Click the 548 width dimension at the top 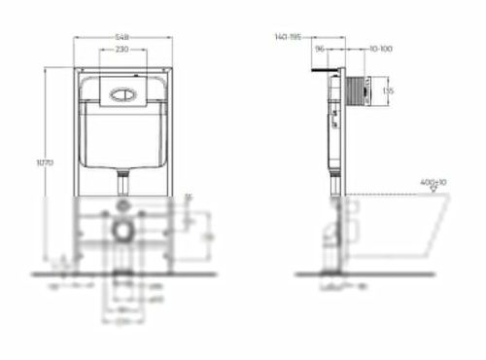tap(123, 36)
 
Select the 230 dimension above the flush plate tap(123, 50)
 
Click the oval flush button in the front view tap(124, 95)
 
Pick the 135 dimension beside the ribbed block tap(387, 91)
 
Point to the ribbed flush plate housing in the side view tap(359, 90)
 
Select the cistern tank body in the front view tap(123, 136)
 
